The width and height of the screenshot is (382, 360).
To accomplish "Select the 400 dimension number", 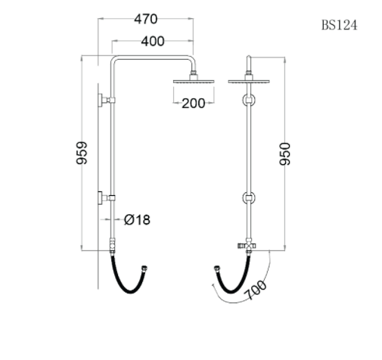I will (x=152, y=42).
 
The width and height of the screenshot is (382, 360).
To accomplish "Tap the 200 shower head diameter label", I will (x=194, y=104).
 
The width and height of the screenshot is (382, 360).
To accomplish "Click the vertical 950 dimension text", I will (x=285, y=154).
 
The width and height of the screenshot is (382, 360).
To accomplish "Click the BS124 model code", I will (x=339, y=25).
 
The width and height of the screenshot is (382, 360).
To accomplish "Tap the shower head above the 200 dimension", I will (x=194, y=80).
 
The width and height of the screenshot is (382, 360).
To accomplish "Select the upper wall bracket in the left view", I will (x=104, y=100).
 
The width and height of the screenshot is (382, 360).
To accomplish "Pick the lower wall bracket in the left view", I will (x=104, y=198).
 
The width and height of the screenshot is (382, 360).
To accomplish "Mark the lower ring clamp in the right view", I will (x=248, y=199).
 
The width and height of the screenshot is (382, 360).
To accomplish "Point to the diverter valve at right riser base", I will (x=247, y=247).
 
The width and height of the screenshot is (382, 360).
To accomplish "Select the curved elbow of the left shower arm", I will (x=115, y=64).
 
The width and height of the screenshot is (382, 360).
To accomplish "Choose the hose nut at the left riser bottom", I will (x=112, y=246).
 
